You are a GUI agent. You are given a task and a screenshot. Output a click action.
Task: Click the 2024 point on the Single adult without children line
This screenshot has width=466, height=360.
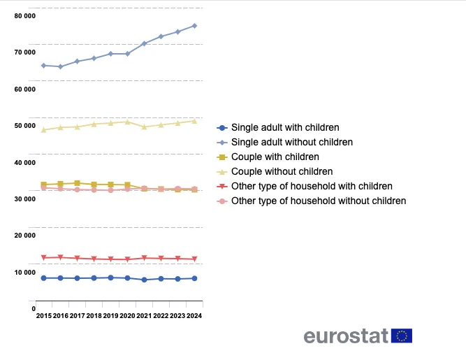[x=194, y=26]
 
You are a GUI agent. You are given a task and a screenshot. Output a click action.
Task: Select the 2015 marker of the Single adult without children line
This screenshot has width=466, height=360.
[x=43, y=65]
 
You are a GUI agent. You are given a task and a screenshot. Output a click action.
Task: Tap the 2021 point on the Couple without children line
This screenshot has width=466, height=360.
[x=144, y=127]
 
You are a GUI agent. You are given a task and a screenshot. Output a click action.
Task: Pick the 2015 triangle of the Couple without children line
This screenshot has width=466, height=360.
[x=43, y=129]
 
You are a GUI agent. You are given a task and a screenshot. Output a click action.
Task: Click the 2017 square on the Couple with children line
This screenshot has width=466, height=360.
[x=77, y=183]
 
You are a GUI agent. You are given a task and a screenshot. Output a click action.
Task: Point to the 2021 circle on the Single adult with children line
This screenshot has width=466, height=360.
[x=144, y=280]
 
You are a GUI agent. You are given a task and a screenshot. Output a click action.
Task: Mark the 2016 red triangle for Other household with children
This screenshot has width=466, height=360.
[x=60, y=257]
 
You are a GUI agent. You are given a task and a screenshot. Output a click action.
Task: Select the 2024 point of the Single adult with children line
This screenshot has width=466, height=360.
[x=194, y=278]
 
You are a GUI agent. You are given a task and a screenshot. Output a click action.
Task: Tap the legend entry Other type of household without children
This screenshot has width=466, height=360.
[x=318, y=201]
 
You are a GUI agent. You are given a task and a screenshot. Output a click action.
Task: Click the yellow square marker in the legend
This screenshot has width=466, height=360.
[x=222, y=157]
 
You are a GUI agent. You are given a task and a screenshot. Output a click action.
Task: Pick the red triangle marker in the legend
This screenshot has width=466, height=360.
[x=222, y=187]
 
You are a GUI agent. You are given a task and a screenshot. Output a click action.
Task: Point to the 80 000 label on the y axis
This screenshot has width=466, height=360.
[x=25, y=15]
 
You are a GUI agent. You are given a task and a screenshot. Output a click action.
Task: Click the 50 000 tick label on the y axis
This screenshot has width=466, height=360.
[x=25, y=126]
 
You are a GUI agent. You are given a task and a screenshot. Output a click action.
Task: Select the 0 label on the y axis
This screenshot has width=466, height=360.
[x=33, y=308]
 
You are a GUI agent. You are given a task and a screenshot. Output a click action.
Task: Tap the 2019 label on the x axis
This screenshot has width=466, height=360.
[x=110, y=316]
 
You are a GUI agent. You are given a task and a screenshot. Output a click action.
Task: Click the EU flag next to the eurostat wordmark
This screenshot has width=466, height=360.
[x=402, y=336]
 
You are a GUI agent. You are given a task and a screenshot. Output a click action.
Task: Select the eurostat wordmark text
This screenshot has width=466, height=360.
[x=346, y=336]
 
